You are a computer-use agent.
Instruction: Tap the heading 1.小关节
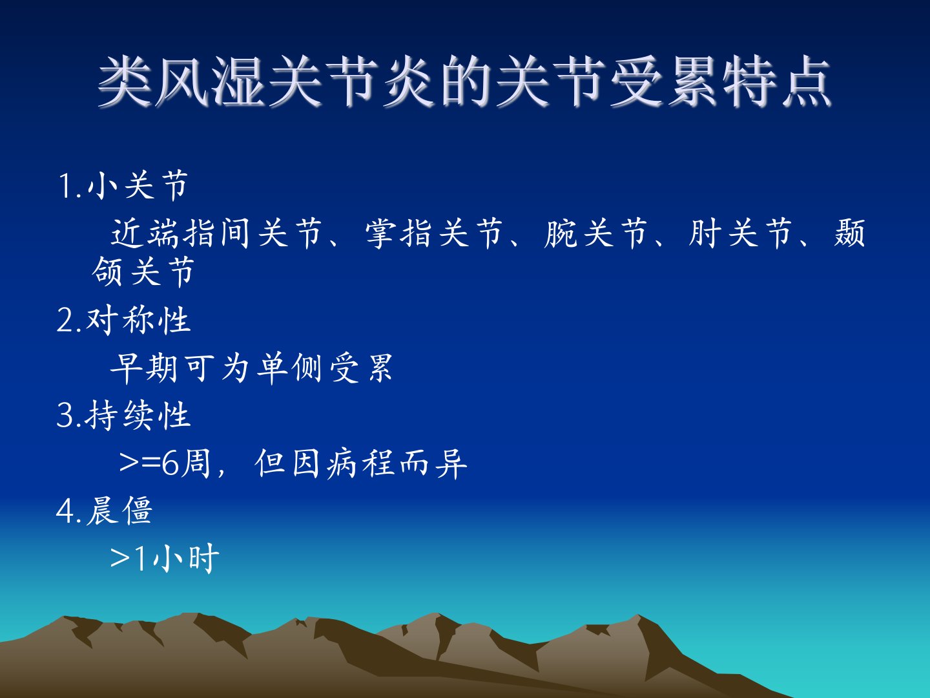click(x=123, y=185)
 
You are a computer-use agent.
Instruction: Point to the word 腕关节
click(x=595, y=233)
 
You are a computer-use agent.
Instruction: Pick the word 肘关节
click(x=740, y=233)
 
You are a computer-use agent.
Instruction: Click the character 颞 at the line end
click(x=849, y=233)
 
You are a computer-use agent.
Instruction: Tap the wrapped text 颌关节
click(x=143, y=271)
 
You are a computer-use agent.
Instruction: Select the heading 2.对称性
click(x=123, y=321)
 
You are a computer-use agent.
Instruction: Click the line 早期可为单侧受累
click(x=251, y=368)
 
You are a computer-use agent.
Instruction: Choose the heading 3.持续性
click(x=123, y=416)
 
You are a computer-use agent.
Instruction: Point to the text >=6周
click(x=165, y=463)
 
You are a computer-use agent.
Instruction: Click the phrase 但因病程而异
click(x=361, y=463)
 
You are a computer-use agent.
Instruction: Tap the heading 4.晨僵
click(x=104, y=511)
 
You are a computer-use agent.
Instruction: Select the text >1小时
click(x=165, y=558)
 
